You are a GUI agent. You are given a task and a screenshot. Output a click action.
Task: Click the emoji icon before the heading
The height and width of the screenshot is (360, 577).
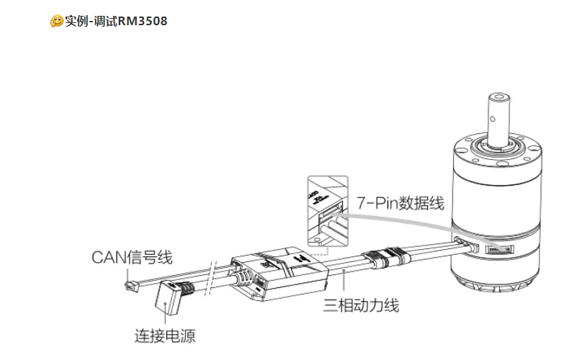[56, 22]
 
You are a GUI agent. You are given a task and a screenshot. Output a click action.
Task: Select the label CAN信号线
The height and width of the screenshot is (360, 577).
[132, 257]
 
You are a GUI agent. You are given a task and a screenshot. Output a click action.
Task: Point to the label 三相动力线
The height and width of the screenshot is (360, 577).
[362, 305]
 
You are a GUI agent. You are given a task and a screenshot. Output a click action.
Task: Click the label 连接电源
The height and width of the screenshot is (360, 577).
[165, 336]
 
